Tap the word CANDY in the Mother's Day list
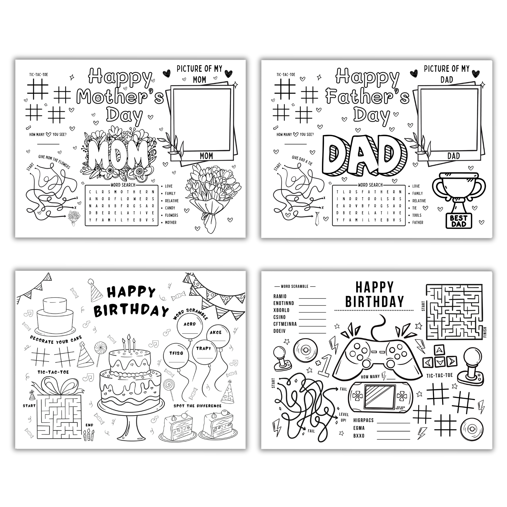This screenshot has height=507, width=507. coord(170,208)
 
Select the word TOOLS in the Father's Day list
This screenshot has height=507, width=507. coord(417,215)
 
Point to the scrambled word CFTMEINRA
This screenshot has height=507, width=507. coord(285,324)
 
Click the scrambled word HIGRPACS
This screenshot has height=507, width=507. coord(363,420)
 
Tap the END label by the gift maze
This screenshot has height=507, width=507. coord(89,425)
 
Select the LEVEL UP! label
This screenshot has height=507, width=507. coord(343,417)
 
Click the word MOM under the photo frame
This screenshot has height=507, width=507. coord(206,156)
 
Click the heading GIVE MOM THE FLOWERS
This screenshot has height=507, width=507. coord(54,162)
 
